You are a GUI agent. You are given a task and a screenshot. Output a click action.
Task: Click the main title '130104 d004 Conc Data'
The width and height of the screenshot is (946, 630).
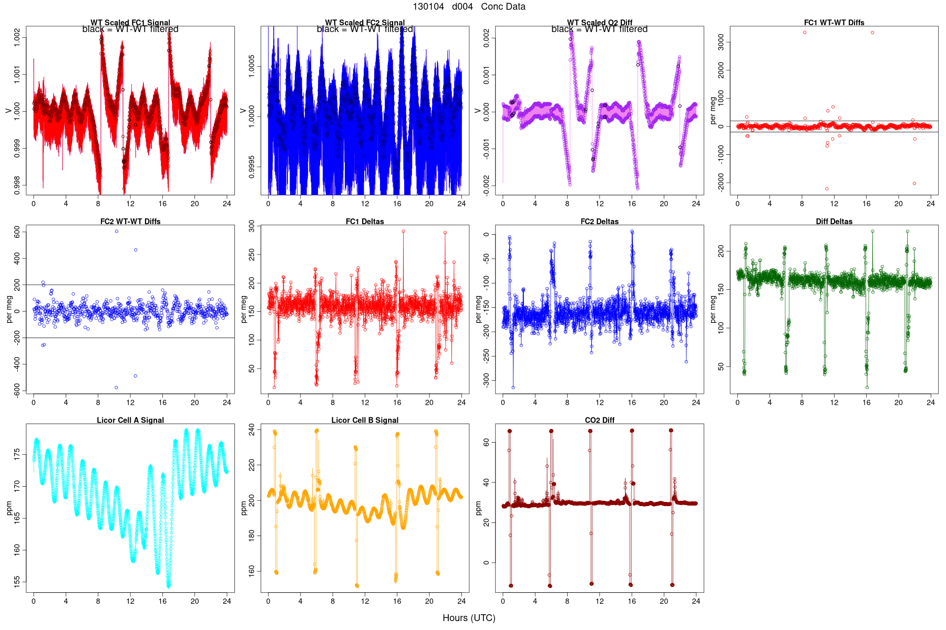(x=469, y=7)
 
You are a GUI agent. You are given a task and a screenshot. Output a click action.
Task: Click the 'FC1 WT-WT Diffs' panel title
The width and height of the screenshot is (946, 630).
(x=834, y=23)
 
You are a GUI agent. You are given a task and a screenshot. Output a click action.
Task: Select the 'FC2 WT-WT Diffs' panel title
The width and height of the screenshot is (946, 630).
(x=130, y=222)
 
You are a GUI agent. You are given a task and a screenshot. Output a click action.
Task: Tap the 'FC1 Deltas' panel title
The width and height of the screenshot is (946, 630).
(x=365, y=222)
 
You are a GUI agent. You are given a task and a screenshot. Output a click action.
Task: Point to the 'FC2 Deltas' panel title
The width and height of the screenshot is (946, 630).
(x=599, y=222)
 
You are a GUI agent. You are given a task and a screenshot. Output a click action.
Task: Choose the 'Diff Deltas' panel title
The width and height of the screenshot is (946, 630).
(x=834, y=222)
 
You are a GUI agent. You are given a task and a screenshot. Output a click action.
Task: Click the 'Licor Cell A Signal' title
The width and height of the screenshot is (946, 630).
(x=130, y=420)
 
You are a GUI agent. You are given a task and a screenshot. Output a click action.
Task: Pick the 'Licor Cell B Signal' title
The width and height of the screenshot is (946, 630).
(x=365, y=420)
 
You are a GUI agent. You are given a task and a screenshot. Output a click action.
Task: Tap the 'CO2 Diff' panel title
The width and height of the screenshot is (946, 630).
(x=599, y=420)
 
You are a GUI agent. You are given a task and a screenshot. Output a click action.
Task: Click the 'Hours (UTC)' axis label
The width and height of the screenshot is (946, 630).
(x=469, y=618)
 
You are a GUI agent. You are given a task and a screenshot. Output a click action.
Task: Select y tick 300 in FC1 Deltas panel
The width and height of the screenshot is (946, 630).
(x=252, y=227)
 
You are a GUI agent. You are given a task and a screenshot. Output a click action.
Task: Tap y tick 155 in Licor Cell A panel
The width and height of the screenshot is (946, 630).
(x=17, y=581)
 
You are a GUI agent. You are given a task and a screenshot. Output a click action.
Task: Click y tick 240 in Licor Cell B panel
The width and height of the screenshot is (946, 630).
(x=252, y=430)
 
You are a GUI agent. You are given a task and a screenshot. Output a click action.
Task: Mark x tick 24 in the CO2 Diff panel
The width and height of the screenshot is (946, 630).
(x=696, y=601)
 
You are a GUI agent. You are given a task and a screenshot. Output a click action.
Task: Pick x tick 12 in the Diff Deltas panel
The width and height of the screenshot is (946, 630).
(x=834, y=403)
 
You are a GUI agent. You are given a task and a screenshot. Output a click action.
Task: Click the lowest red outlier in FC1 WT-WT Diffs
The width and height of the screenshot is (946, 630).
(x=827, y=189)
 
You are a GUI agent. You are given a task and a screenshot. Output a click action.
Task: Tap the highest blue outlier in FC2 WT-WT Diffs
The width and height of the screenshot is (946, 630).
(x=117, y=231)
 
